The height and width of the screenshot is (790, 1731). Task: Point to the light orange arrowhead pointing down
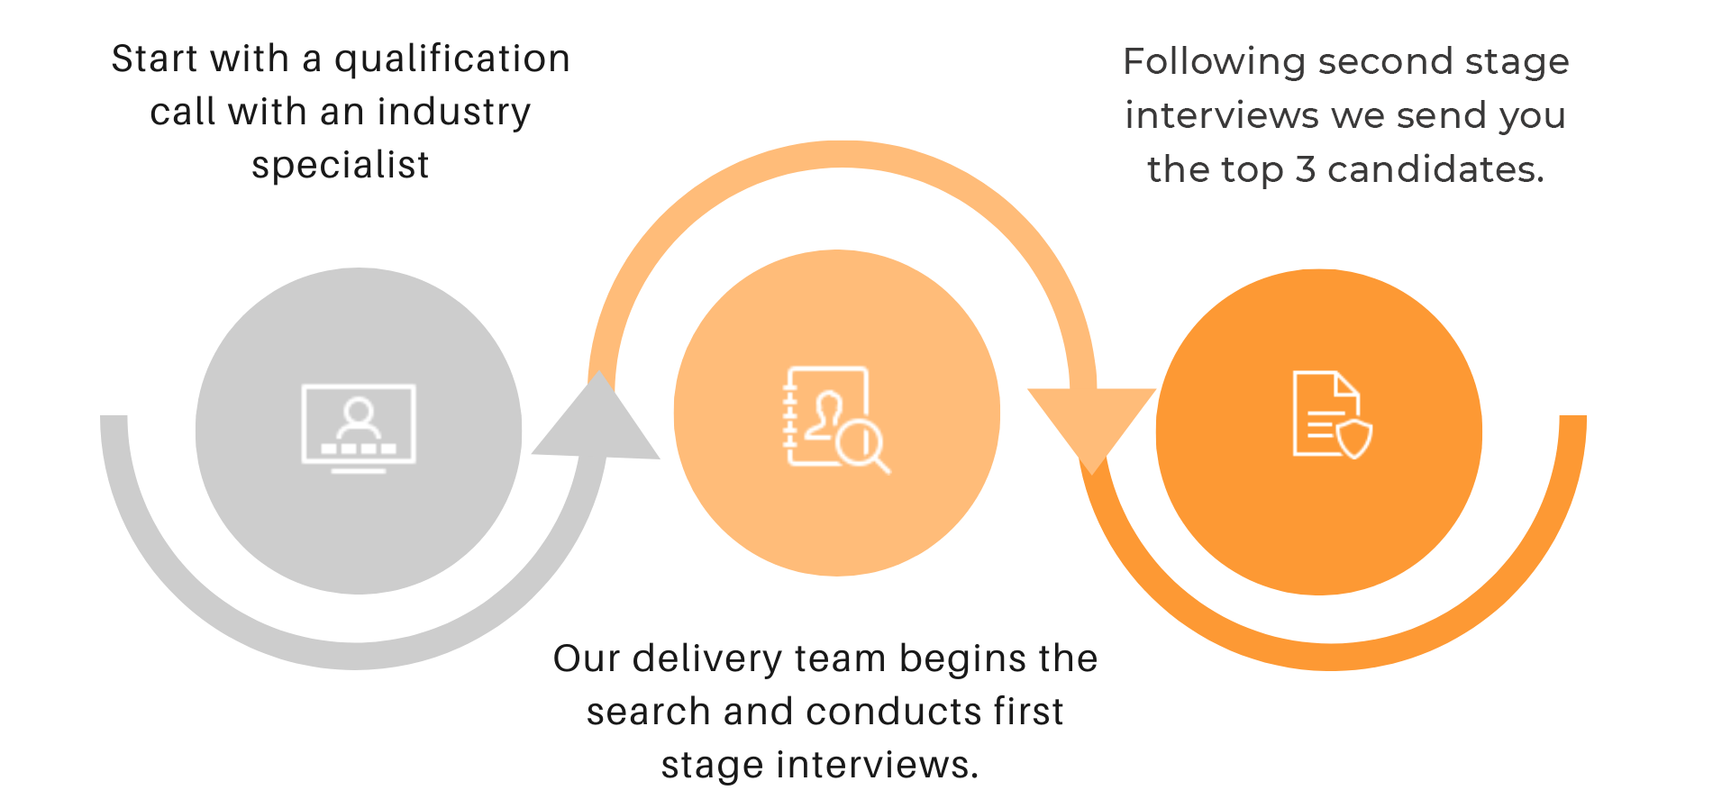click(1092, 423)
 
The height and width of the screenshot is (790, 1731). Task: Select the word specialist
click(341, 166)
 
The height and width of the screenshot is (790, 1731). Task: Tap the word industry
click(454, 113)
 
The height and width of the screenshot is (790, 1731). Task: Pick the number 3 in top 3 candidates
click(1306, 169)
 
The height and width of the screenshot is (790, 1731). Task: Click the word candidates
click(1435, 169)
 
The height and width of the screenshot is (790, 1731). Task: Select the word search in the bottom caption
click(649, 712)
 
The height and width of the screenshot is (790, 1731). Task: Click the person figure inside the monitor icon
click(359, 416)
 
